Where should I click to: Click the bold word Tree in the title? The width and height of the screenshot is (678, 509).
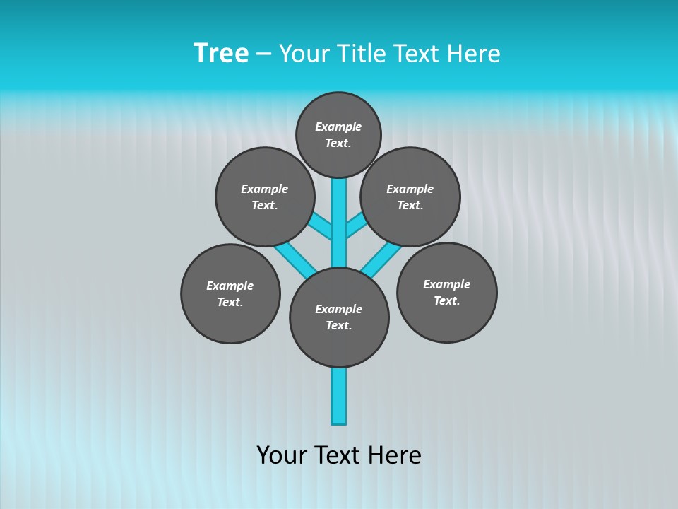pyautogui.click(x=221, y=53)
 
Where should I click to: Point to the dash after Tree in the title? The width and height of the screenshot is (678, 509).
pyautogui.click(x=263, y=54)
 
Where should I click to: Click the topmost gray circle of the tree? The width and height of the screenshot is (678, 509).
pyautogui.click(x=338, y=134)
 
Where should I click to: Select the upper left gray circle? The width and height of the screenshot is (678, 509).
pyautogui.click(x=265, y=197)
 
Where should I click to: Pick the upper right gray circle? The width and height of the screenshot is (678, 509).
pyautogui.click(x=410, y=197)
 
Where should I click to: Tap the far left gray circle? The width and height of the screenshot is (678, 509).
pyautogui.click(x=230, y=293)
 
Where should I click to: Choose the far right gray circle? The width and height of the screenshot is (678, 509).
pyautogui.click(x=447, y=292)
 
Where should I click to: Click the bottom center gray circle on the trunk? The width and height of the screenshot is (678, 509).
pyautogui.click(x=339, y=317)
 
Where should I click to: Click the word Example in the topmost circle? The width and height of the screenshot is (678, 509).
pyautogui.click(x=338, y=127)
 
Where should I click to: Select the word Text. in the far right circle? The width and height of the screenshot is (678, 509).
pyautogui.click(x=447, y=300)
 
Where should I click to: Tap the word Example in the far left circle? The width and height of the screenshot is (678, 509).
pyautogui.click(x=230, y=286)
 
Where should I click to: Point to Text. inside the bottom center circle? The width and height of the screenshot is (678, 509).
pyautogui.click(x=339, y=325)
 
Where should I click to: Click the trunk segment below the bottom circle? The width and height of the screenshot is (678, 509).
pyautogui.click(x=339, y=396)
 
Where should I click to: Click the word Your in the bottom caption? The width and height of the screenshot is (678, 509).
pyautogui.click(x=282, y=455)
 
